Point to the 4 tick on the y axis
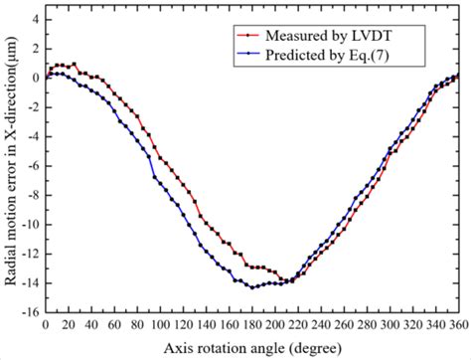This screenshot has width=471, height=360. [36, 19]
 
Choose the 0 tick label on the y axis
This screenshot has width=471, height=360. [36, 78]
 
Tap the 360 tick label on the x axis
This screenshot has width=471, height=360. [458, 325]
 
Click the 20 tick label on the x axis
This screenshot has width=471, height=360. [69, 325]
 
